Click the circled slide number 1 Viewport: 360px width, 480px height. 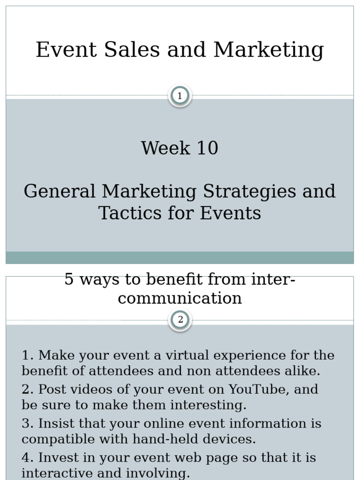pos(180,96)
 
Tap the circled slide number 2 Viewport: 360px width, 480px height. pos(180,320)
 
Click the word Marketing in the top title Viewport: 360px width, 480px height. pos(269,50)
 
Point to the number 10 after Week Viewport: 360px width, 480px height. pos(207,148)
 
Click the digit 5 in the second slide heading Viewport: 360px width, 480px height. pos(69,279)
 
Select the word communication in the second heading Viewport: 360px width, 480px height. pos(180,298)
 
